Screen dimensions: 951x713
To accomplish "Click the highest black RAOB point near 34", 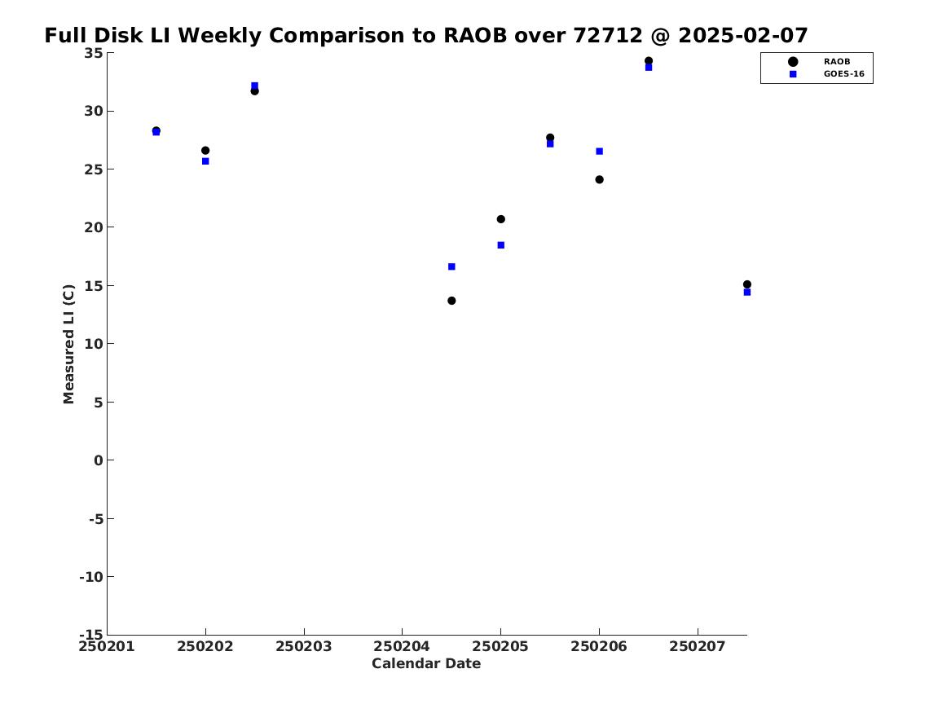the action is (x=649, y=60).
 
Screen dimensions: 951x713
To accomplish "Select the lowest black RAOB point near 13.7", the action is (x=451, y=301).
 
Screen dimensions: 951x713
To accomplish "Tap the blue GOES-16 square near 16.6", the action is (x=451, y=266).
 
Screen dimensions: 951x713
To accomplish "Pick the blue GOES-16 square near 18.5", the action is (x=501, y=245).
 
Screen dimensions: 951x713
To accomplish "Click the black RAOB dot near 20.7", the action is (x=501, y=219).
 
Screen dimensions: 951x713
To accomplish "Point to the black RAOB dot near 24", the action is (x=599, y=179).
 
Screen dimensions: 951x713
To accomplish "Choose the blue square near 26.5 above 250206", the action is (x=599, y=151).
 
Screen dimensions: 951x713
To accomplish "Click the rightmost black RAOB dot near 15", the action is (x=746, y=284).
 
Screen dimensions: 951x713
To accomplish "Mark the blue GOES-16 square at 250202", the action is (x=205, y=161).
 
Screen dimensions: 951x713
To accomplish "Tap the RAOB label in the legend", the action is (x=836, y=61).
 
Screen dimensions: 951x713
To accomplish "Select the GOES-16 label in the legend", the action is (x=843, y=74).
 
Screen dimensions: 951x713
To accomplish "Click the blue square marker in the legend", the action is (x=793, y=74).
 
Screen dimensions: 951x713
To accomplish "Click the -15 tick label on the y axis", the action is (x=91, y=634).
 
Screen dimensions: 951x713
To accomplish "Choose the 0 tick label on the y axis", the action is (x=99, y=460).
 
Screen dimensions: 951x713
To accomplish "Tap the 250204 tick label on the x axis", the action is (x=402, y=646).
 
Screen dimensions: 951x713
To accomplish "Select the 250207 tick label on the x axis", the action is (x=698, y=646).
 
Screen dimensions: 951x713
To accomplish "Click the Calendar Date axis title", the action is (x=426, y=663).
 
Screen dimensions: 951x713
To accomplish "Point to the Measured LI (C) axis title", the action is (x=68, y=344).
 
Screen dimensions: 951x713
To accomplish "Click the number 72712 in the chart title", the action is (x=608, y=35).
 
